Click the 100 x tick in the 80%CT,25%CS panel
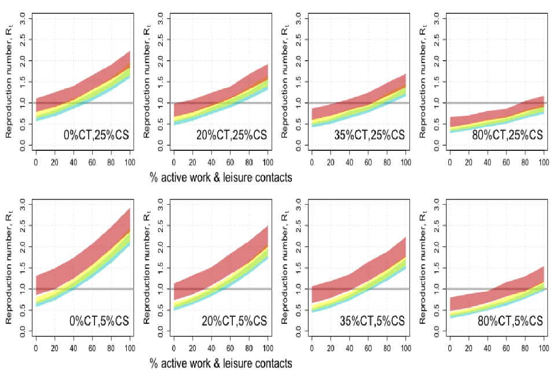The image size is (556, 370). tap(543, 162)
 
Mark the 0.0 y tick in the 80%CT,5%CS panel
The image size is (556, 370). tap(435, 330)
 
